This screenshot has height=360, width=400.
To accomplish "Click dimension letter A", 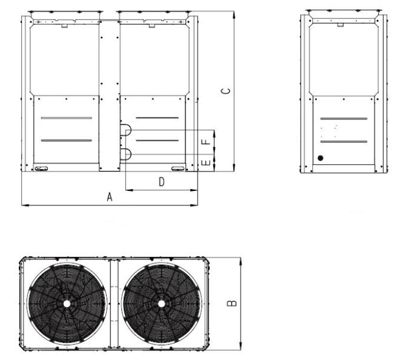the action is (110, 197).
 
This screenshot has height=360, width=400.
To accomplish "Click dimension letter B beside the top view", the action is (232, 303).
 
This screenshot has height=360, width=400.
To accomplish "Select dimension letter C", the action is (225, 91).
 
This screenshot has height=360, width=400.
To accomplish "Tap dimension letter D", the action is (161, 182).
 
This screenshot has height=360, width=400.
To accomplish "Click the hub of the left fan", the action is (67, 304).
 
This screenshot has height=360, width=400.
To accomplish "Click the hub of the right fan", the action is (161, 304).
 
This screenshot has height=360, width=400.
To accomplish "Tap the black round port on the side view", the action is (321, 158).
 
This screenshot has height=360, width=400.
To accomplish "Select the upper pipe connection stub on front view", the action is (126, 130).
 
